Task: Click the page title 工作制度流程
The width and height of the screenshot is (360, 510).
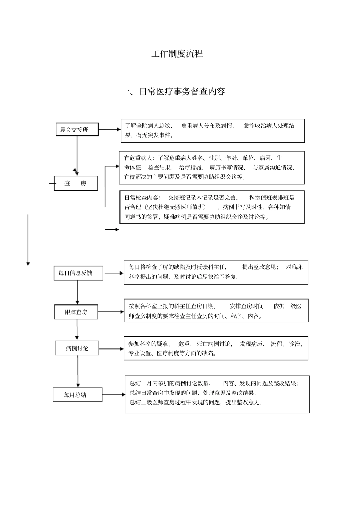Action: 177,54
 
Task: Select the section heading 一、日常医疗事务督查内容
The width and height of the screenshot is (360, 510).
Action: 173,92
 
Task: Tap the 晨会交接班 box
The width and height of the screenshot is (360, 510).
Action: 77,130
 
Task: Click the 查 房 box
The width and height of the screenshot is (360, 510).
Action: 76,184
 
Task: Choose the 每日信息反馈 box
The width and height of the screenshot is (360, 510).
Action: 78,273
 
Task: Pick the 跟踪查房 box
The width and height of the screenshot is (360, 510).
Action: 76,312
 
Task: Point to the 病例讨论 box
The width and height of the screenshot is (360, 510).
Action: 77,348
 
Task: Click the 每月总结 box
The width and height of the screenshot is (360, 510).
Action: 77,395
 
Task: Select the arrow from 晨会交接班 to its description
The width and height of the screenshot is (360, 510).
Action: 109,129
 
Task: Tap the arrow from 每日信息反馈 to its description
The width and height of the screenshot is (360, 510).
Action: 113,273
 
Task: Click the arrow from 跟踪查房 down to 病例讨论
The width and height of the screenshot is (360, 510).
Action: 77,329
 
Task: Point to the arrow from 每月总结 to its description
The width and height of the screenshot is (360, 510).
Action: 113,395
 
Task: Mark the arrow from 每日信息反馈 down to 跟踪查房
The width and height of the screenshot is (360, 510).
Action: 77,292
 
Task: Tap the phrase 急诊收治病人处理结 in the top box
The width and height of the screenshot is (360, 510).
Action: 269,126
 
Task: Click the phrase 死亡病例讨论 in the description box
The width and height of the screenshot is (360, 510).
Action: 214,344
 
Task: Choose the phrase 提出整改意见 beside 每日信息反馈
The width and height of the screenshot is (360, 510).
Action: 260,267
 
